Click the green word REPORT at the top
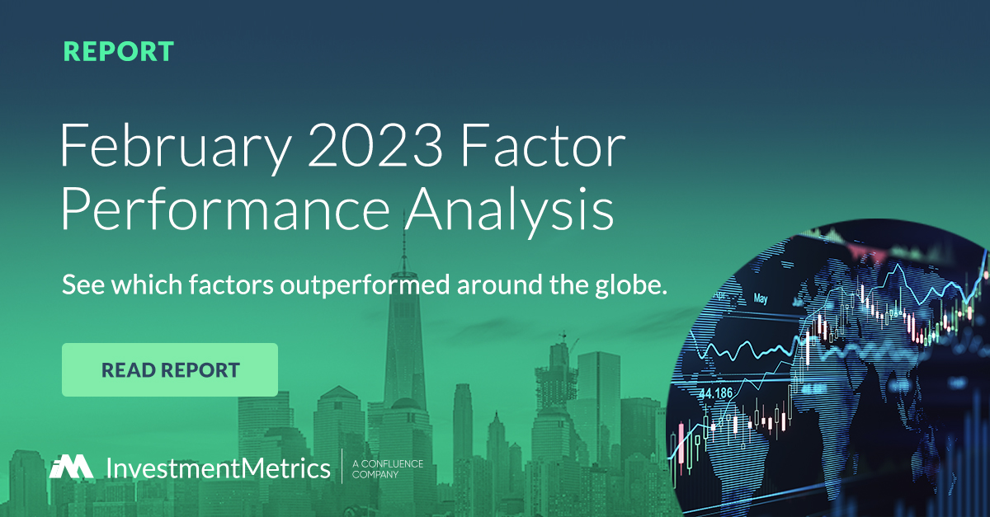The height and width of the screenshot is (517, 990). pyautogui.click(x=119, y=51)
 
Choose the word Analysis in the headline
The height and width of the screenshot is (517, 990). pyautogui.click(x=508, y=211)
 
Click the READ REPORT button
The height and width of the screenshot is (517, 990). pyautogui.click(x=170, y=369)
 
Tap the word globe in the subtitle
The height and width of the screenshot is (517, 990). pyautogui.click(x=634, y=287)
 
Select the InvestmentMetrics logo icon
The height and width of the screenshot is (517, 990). pyautogui.click(x=71, y=467)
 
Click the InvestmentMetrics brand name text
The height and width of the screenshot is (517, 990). pyautogui.click(x=218, y=468)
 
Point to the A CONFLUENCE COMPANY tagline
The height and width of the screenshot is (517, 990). pyautogui.click(x=387, y=468)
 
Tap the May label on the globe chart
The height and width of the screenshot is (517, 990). pyautogui.click(x=761, y=298)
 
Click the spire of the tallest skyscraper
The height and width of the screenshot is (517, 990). pyautogui.click(x=404, y=247)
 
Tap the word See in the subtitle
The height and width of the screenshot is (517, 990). pyautogui.click(x=80, y=287)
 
